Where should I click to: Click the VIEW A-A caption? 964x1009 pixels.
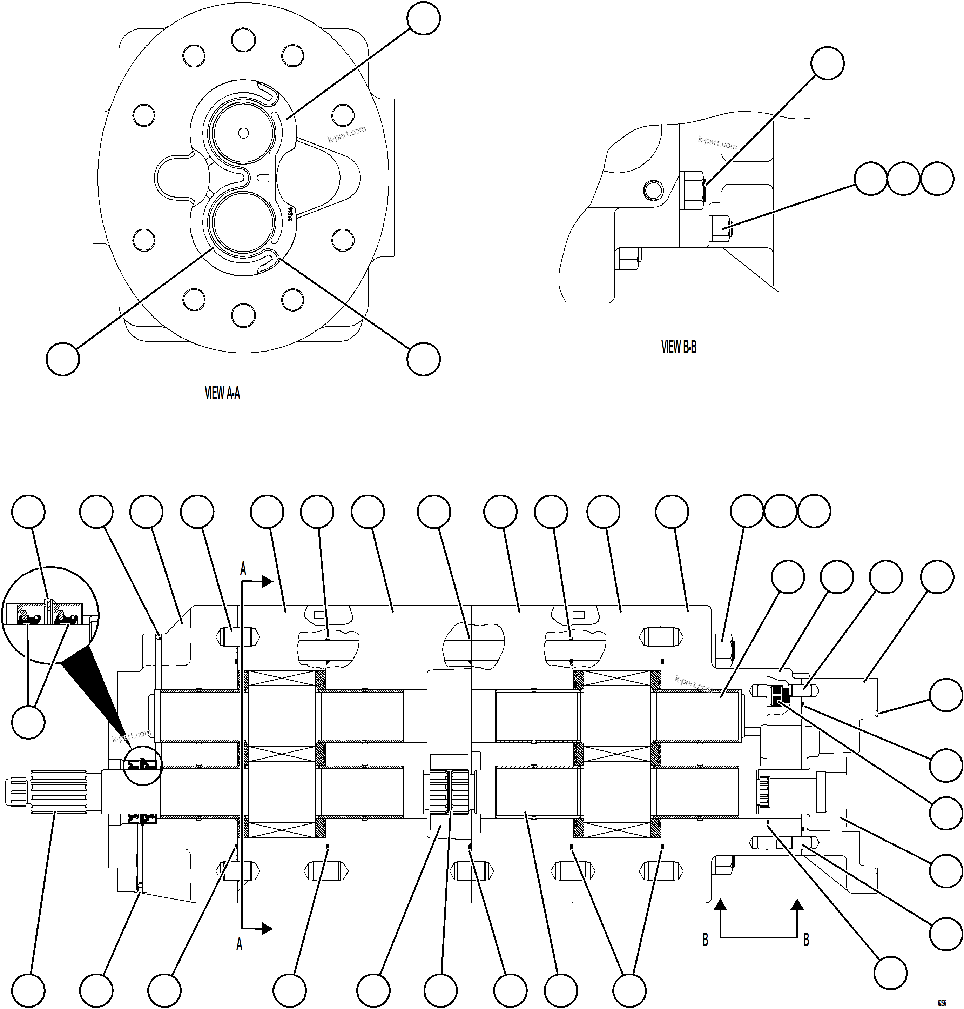click(x=222, y=394)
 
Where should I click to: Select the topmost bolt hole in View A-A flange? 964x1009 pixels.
click(x=243, y=40)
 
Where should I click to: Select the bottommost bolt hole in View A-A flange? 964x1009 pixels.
click(x=243, y=315)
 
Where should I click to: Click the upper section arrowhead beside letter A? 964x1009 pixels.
click(x=267, y=581)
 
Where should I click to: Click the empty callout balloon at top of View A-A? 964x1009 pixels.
click(x=423, y=19)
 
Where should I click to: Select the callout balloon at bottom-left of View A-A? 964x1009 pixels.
click(x=63, y=359)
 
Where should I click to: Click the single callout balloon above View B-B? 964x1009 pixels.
click(x=827, y=63)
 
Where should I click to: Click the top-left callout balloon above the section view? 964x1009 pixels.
click(x=28, y=512)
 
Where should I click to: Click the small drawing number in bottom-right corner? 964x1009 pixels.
click(x=942, y=1003)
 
